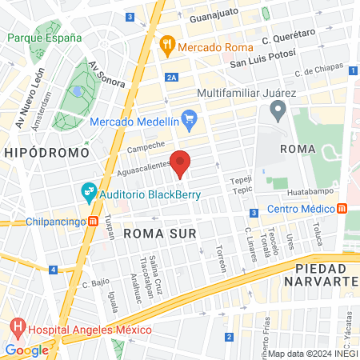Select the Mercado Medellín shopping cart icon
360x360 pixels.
point(189,121)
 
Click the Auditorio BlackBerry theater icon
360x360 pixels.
point(88,192)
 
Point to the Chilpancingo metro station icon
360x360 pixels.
point(94,222)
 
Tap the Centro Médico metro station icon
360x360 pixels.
point(342,209)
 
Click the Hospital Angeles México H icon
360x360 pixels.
point(17,328)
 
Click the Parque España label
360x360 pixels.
point(45,38)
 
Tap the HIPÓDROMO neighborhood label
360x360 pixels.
point(38,151)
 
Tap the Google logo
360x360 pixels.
point(27,350)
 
